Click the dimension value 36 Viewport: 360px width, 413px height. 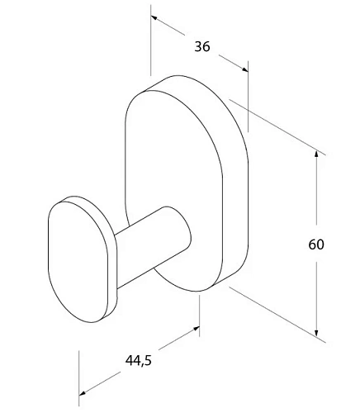(x=201, y=47)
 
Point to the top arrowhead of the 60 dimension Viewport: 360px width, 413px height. (x=318, y=154)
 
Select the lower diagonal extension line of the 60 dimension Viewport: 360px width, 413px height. (x=272, y=311)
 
